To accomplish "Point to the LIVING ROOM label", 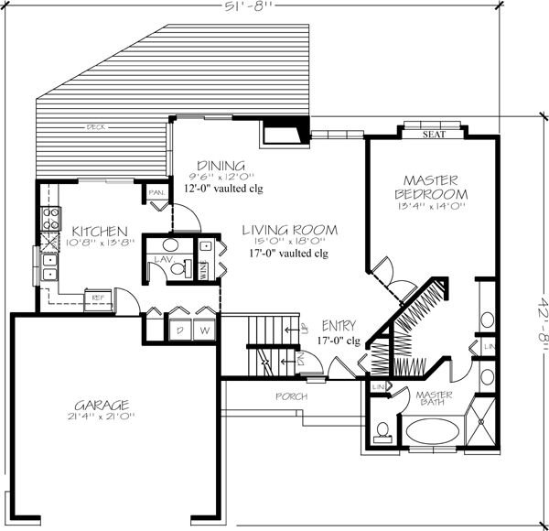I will [290, 229].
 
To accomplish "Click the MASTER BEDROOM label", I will [431, 187].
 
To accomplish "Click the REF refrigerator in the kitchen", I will [95, 297].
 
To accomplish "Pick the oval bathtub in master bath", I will [433, 433].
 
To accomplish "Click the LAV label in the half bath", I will [164, 261].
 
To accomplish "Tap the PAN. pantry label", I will [156, 193].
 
